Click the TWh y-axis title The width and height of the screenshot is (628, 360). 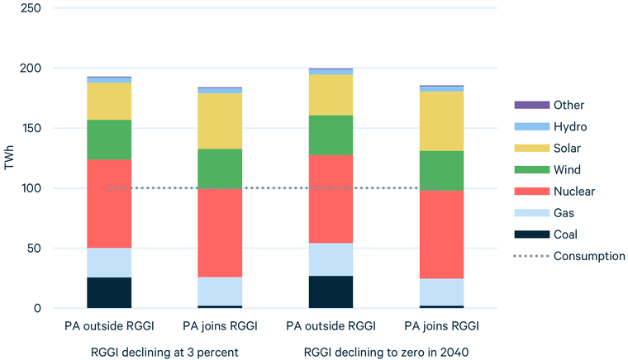point(10,158)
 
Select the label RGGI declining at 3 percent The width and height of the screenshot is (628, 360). point(164,352)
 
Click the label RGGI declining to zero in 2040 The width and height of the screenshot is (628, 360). point(385,352)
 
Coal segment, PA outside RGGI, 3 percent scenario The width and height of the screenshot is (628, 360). point(110,292)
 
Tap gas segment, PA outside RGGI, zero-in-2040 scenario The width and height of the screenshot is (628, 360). point(331,259)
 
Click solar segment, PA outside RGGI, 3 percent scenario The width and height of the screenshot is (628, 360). point(110,101)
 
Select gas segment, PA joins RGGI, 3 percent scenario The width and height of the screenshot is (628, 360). point(221,291)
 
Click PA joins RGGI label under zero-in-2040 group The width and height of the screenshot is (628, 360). point(441,325)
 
